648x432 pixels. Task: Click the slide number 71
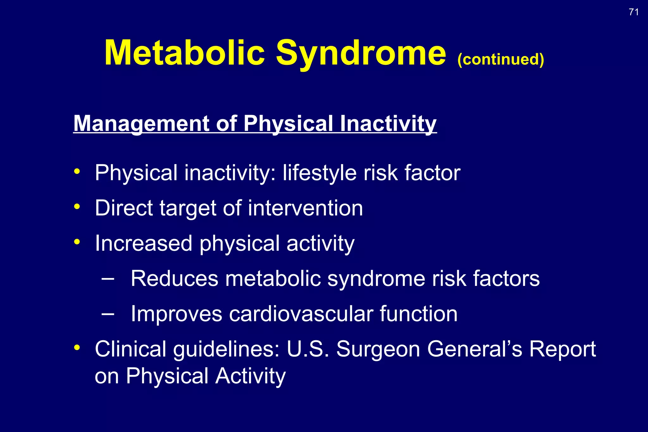[633, 12]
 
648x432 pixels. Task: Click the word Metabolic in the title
[184, 53]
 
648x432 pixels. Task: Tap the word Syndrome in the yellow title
[361, 53]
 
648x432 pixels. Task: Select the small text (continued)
[501, 59]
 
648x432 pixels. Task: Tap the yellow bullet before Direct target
[77, 207]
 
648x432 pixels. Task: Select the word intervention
[305, 208]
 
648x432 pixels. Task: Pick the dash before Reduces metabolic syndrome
[108, 279]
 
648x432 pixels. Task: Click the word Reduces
[174, 279]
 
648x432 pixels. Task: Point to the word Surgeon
[378, 349]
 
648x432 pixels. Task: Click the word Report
[562, 349]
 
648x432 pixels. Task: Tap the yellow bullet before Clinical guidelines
[77, 348]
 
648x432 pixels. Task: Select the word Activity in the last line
[250, 376]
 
